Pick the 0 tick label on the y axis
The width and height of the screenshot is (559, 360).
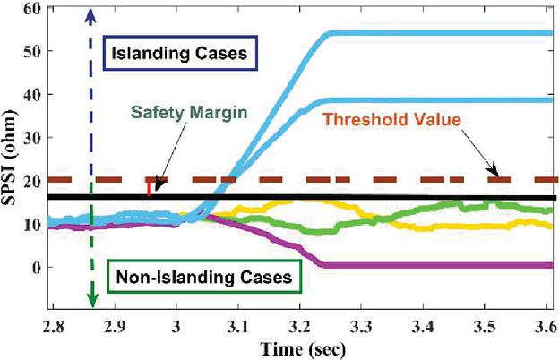coord(35,268)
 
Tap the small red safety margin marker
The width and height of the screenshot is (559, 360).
coord(149,187)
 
